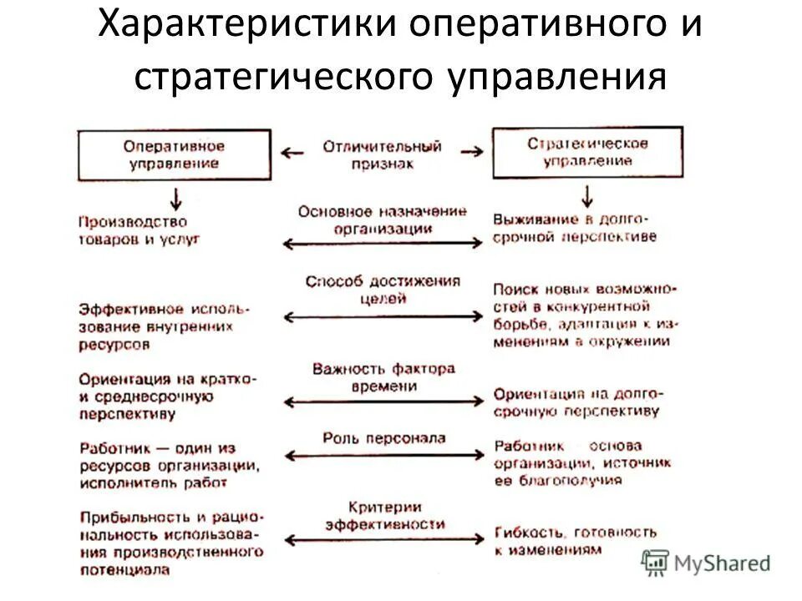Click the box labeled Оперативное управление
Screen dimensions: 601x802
tap(174, 154)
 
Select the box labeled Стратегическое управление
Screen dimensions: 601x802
tap(587, 152)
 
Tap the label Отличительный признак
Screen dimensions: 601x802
tap(382, 154)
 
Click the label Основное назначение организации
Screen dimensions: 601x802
tap(382, 220)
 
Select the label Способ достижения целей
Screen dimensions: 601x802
tap(382, 289)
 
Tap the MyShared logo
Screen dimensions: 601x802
tap(706, 563)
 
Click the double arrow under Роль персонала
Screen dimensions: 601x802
tap(383, 456)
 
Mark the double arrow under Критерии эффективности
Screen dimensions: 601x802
tap(383, 541)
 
